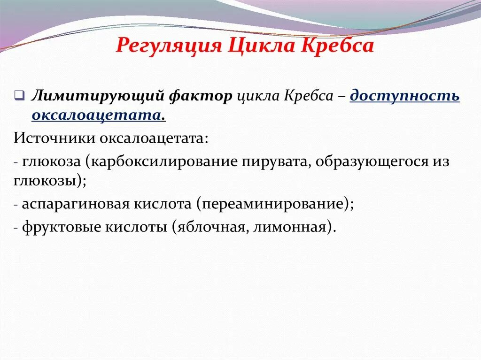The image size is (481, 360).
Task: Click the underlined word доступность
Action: pyautogui.click(x=405, y=96)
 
